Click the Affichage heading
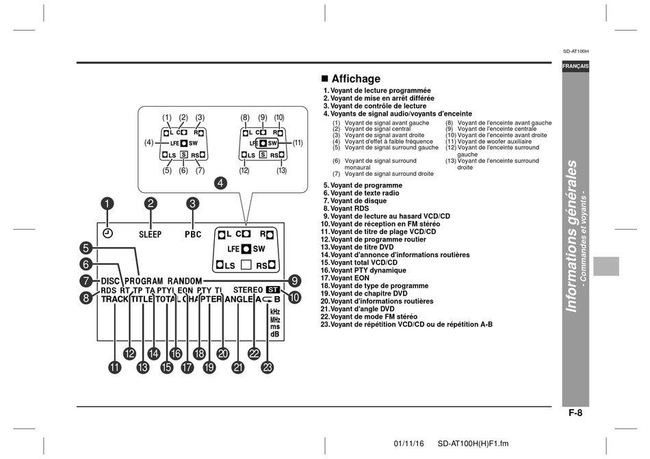(x=350, y=79)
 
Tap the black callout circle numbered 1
(x=107, y=203)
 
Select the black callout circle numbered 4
(x=220, y=183)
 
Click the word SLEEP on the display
(x=150, y=235)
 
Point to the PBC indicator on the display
(x=193, y=235)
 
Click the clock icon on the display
(x=107, y=234)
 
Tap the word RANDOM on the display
(x=185, y=281)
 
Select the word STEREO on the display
(x=248, y=290)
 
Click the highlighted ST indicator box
(x=273, y=290)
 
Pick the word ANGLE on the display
(x=239, y=299)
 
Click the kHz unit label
(x=275, y=311)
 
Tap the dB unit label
(x=275, y=334)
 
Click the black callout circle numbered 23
(x=268, y=367)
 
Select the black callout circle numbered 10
(x=294, y=297)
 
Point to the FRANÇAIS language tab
(x=575, y=66)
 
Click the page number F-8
(x=575, y=413)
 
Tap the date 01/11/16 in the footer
(x=408, y=444)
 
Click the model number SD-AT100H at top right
(x=576, y=51)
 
